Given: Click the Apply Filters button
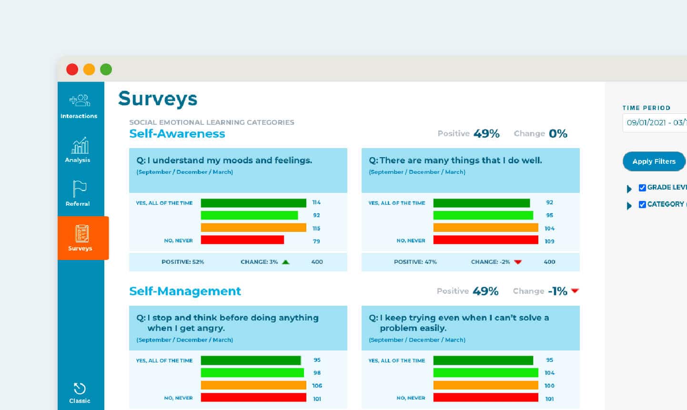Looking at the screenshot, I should click(654, 161).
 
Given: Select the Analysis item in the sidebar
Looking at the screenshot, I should click(79, 150).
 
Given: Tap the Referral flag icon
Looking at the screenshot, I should click(79, 189).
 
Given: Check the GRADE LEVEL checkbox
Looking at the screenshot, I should click(642, 188).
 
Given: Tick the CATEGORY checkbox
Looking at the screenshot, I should click(642, 204).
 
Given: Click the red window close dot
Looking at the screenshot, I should click(72, 70).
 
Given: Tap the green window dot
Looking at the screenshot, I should click(106, 70).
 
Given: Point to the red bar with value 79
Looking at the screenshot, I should click(242, 240).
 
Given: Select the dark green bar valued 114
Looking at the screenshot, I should click(253, 203).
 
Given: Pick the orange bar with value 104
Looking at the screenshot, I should click(485, 228).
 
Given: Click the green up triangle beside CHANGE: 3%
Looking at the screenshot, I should click(286, 262).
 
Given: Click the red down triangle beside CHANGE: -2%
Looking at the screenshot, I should click(518, 262).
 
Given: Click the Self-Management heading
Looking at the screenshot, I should click(185, 291).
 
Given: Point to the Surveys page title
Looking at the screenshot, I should click(158, 99).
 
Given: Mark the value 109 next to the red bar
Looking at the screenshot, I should click(549, 241).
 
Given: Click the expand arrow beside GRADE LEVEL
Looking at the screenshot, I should click(629, 189).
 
